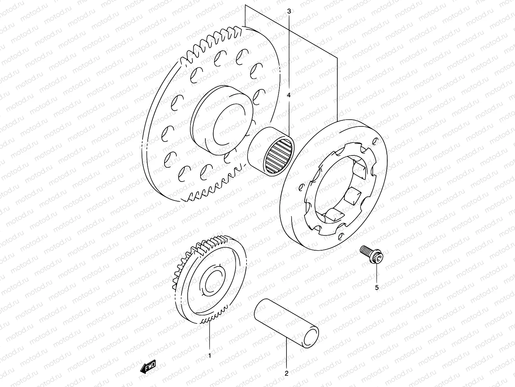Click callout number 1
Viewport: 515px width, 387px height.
(x=210, y=356)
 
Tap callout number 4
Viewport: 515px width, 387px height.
(x=289, y=95)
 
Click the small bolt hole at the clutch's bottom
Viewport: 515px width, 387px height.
(x=340, y=238)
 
